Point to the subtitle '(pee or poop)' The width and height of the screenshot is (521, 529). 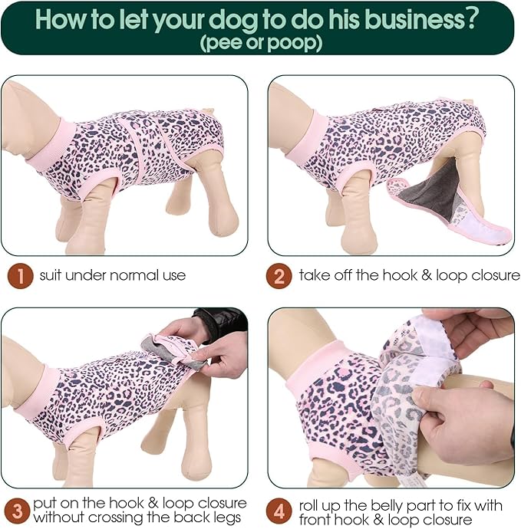[x=260, y=43]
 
